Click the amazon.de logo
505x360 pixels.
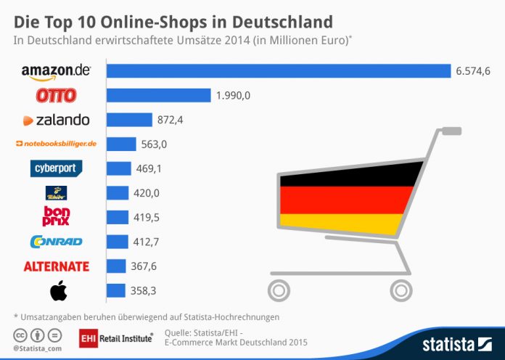[x=55, y=72]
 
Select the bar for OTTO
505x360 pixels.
[x=159, y=96]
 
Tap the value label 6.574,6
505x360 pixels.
[x=473, y=70]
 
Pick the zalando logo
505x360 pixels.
[x=57, y=120]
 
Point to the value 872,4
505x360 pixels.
[x=171, y=120]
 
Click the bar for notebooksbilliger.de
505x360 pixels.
[x=121, y=144]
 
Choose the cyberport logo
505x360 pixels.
[x=57, y=168]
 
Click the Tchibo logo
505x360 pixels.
[x=57, y=193]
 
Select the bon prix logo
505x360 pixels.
[x=57, y=217]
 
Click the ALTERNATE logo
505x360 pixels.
[x=57, y=266]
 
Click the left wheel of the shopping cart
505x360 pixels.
[x=279, y=291]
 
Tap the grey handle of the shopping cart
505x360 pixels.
[x=451, y=131]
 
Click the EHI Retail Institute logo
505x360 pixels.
[x=116, y=337]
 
